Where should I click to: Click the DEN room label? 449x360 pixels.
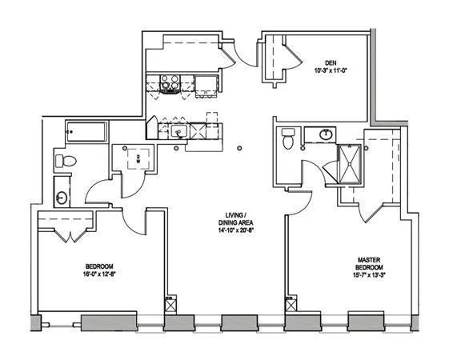(x=331, y=62)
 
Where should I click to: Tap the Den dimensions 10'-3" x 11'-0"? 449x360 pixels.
(x=331, y=70)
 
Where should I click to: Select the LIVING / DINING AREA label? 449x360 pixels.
(x=235, y=219)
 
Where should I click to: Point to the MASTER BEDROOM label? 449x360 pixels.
(x=369, y=264)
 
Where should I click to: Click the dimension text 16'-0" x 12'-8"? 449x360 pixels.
(x=99, y=274)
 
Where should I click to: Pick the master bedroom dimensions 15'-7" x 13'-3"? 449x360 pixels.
(x=369, y=275)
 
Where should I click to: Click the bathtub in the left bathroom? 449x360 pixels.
(x=86, y=132)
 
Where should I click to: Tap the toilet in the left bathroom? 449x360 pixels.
(x=66, y=161)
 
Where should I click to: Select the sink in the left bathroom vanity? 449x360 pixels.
(x=62, y=198)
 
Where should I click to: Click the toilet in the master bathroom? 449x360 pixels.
(x=288, y=138)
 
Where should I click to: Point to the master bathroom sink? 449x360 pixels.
(x=326, y=134)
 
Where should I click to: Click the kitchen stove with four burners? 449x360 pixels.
(x=170, y=83)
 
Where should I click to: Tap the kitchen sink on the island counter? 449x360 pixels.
(x=179, y=132)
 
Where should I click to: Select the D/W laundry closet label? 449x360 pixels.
(x=138, y=159)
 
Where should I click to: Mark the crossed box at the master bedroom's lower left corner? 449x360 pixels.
(x=291, y=304)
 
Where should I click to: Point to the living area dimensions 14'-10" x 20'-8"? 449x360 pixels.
(x=235, y=230)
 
